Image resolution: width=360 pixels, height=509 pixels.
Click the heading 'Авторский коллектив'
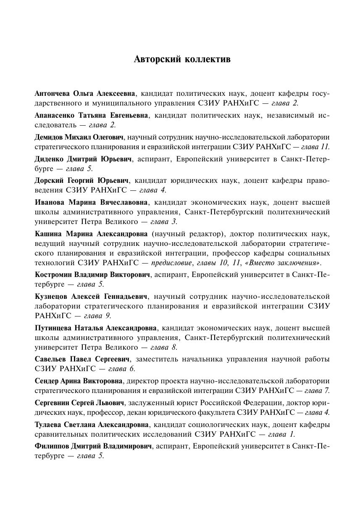(182, 59)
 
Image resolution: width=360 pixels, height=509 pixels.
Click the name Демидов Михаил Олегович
(79, 137)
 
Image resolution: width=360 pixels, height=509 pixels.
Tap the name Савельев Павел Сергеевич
(82, 359)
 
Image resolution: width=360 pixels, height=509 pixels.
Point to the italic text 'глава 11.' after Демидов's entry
(315, 147)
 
